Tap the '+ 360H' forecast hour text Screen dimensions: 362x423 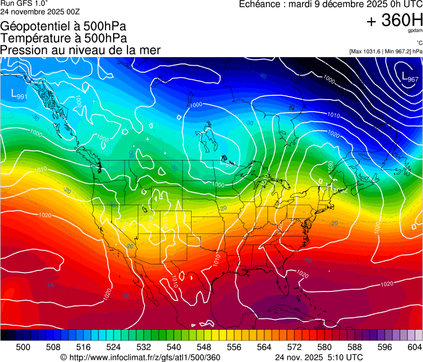(394, 20)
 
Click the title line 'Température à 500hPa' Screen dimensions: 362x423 (64, 38)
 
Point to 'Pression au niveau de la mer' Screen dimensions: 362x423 (81, 50)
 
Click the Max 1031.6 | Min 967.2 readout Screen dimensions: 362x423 (385, 51)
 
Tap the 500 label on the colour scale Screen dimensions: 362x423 (23, 347)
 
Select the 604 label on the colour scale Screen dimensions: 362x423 (414, 347)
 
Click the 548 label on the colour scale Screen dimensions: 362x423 (204, 347)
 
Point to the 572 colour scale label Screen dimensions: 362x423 (294, 347)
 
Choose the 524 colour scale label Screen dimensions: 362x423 (114, 347)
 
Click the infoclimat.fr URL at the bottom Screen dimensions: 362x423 (140, 357)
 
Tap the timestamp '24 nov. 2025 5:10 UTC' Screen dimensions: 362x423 (319, 357)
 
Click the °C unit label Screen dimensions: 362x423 (419, 43)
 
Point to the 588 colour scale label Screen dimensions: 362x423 (354, 347)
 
